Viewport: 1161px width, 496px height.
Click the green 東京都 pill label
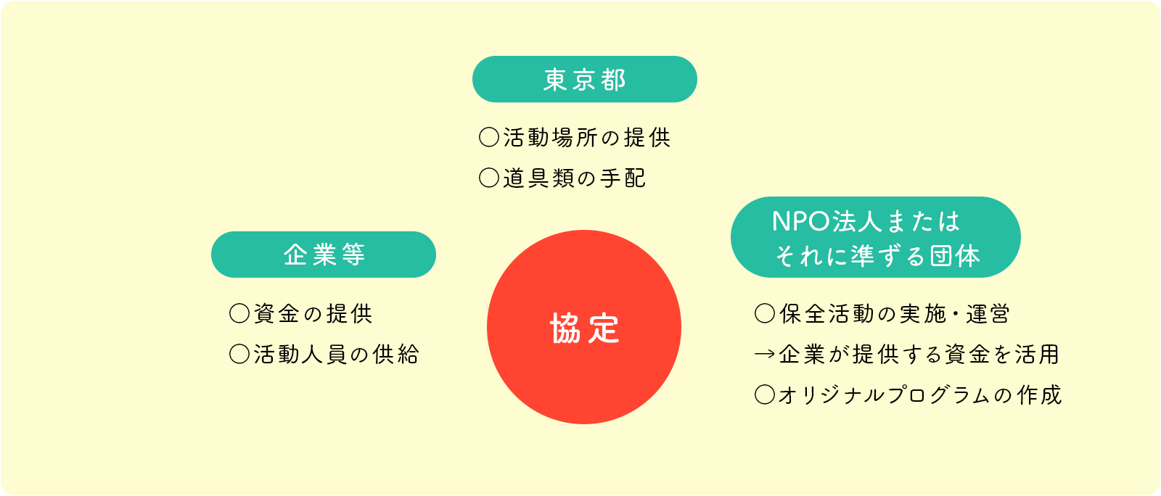click(x=585, y=79)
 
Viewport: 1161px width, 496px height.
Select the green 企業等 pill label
click(x=324, y=255)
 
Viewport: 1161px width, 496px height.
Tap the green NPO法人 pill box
click(x=875, y=237)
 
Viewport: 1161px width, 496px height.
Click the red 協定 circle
click(x=584, y=327)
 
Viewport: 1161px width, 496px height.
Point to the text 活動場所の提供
click(x=587, y=138)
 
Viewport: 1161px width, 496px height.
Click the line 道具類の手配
click(x=575, y=178)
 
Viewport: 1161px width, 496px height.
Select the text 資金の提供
click(x=313, y=314)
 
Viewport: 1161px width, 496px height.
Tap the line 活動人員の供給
click(x=337, y=355)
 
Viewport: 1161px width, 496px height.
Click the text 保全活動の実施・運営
click(x=895, y=314)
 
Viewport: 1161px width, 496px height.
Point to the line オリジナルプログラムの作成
click(x=920, y=395)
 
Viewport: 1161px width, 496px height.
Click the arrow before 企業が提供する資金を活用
click(x=765, y=355)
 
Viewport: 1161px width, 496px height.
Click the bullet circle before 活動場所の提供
click(x=489, y=138)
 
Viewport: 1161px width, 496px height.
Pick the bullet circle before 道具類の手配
click(x=489, y=178)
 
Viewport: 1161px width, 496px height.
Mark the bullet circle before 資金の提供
click(x=239, y=313)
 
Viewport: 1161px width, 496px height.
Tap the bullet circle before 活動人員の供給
click(x=239, y=354)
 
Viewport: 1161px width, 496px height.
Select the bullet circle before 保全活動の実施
click(x=765, y=313)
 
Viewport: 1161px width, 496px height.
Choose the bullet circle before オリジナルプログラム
click(x=765, y=395)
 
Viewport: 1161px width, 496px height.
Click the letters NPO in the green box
click(x=800, y=222)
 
